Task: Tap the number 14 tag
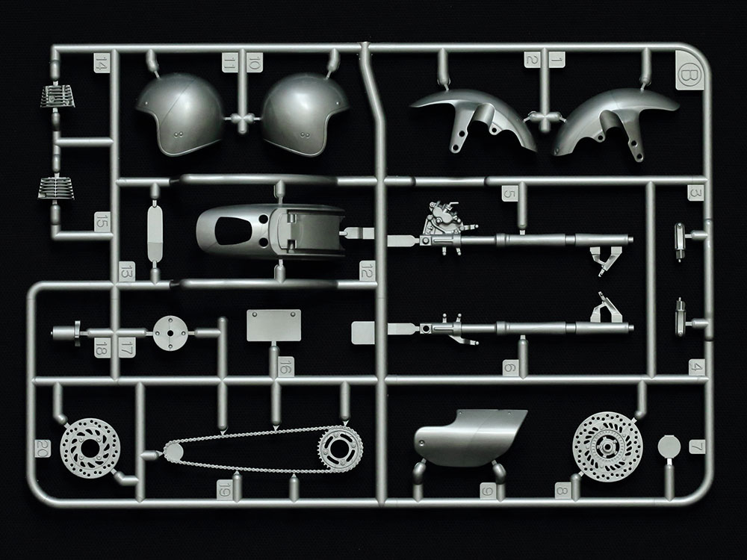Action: (102, 63)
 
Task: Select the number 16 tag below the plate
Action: (285, 367)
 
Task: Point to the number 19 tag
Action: (224, 489)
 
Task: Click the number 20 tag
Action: (43, 448)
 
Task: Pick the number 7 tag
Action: (697, 447)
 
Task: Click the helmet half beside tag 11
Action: (181, 114)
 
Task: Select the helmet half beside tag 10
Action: (305, 114)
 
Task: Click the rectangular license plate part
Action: (274, 326)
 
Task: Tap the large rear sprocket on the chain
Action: (340, 449)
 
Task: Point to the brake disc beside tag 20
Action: (90, 448)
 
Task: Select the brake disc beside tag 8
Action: (607, 447)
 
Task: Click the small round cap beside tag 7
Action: (669, 447)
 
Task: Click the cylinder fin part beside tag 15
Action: (56, 188)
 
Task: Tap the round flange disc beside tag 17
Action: (170, 333)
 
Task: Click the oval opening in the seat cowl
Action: (233, 231)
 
